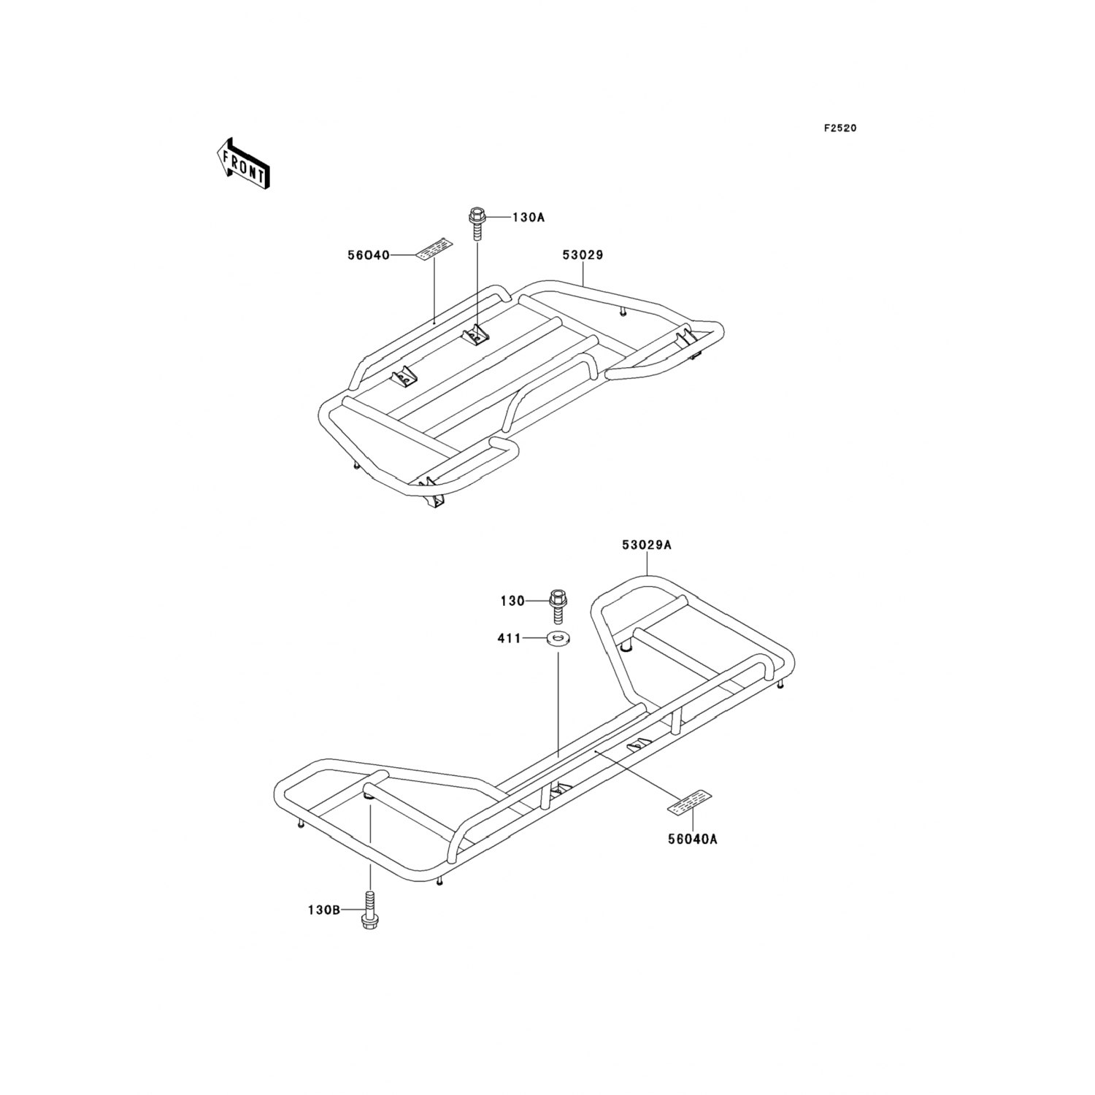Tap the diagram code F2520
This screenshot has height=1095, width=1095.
pyautogui.click(x=840, y=128)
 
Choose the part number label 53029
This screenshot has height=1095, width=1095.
pyautogui.click(x=583, y=255)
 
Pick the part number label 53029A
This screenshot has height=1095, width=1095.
pyautogui.click(x=647, y=545)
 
